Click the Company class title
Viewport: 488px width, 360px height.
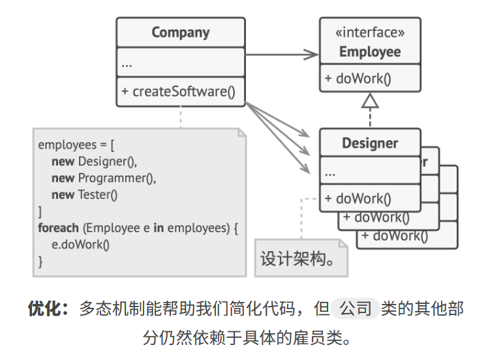point(181,33)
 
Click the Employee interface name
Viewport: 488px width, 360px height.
point(370,52)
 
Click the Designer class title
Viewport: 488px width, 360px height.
point(370,143)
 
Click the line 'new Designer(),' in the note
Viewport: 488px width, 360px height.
point(95,161)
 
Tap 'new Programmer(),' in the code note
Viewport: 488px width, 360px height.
point(104,177)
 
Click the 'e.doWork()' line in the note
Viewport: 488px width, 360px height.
point(81,245)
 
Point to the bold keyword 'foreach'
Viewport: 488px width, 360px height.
point(58,228)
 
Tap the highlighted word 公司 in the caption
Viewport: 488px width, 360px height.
point(355,308)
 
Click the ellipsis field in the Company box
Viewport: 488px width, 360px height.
point(127,64)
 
